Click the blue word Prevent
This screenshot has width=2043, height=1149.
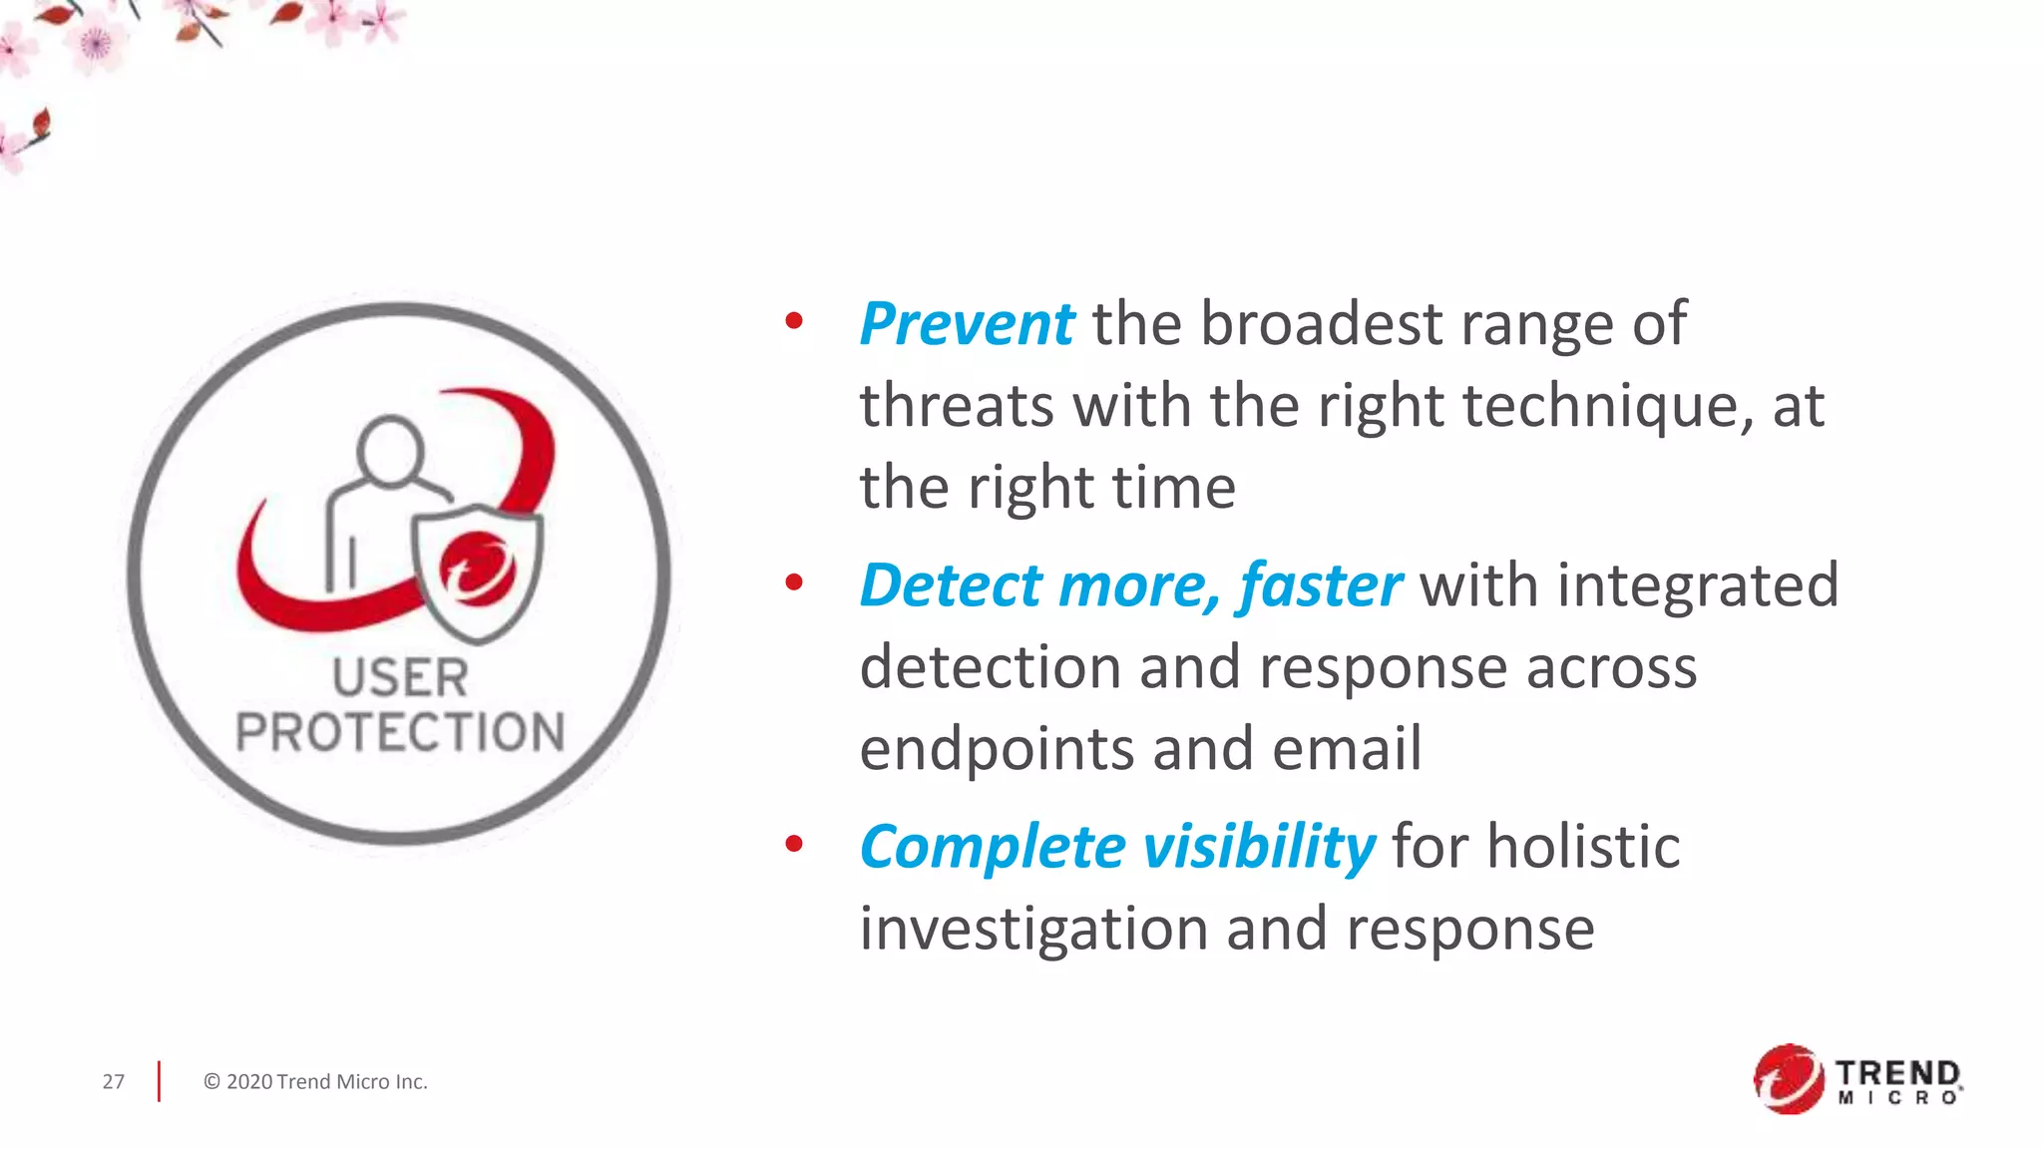click(x=966, y=324)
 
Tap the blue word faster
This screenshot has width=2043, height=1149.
click(x=1320, y=585)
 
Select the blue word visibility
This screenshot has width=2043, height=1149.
click(x=1259, y=847)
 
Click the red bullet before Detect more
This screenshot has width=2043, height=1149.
click(x=794, y=582)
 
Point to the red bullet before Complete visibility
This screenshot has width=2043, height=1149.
click(x=794, y=845)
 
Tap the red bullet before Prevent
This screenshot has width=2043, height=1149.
click(x=794, y=321)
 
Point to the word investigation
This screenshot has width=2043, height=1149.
click(x=1033, y=930)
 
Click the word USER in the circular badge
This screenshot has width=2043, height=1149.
click(x=400, y=678)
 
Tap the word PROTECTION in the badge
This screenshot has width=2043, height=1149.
click(x=400, y=732)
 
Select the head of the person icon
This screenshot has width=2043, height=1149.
click(x=390, y=449)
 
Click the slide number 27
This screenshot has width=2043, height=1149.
click(x=114, y=1082)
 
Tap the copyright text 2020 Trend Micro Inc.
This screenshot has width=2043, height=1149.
click(x=315, y=1082)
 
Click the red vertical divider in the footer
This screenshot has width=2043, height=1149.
click(x=159, y=1082)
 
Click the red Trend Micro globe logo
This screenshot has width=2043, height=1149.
click(x=1788, y=1079)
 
